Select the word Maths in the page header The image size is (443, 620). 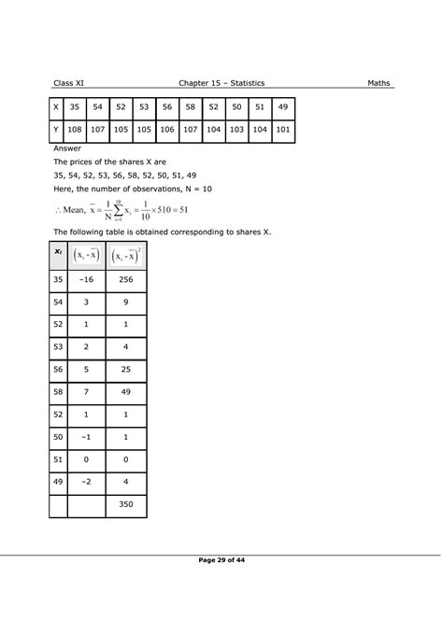380,83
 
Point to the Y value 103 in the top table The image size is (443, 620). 236,132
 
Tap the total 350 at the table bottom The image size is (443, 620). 126,504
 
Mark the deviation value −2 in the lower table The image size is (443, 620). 87,482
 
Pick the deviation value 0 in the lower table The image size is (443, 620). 87,459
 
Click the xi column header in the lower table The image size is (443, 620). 59,252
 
